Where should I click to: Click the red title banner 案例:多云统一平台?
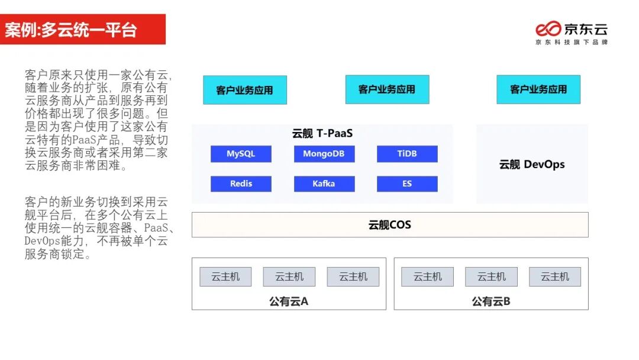[82, 30]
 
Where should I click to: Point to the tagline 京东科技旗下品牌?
[572, 43]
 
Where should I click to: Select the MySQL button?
[241, 154]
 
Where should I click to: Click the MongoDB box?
[324, 154]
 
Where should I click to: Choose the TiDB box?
[407, 154]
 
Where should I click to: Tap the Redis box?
[241, 184]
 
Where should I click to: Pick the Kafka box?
[324, 184]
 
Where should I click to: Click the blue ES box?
[407, 184]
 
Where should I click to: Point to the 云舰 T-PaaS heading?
[322, 134]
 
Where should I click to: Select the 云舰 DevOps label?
[532, 165]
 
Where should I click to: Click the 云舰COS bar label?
[389, 225]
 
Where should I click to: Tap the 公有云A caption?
[289, 301]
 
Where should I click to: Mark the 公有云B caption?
[491, 301]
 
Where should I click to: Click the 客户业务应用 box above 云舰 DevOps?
[538, 89]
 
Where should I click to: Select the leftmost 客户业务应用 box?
[244, 90]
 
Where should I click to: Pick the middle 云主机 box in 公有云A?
[289, 277]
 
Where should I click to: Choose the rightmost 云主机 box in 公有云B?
[555, 277]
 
